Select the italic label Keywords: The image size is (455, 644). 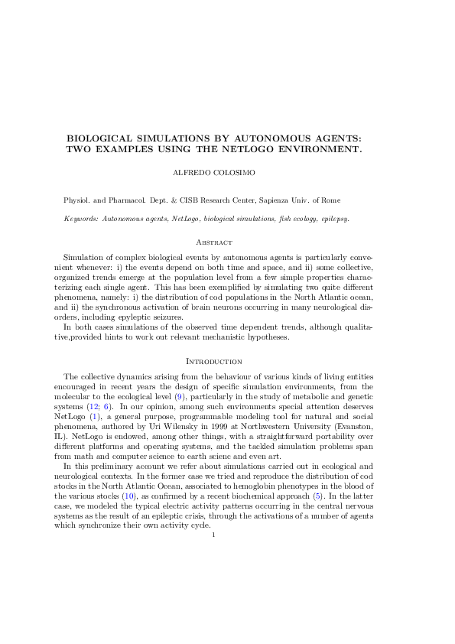point(80,219)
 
